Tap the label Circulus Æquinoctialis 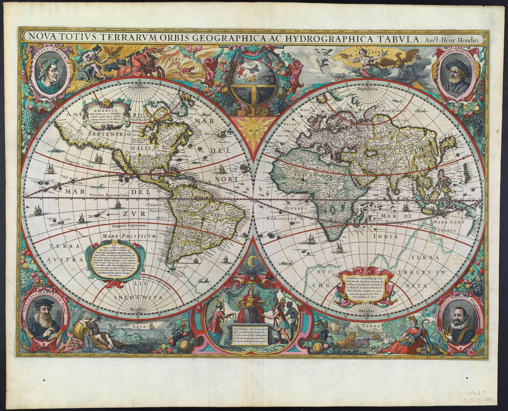[110, 196]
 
